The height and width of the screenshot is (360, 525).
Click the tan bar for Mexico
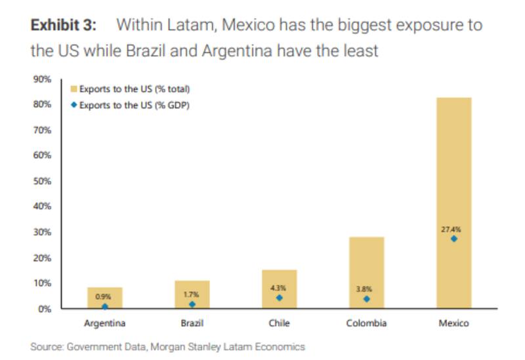point(453,164)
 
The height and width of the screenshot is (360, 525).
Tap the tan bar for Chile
point(279,279)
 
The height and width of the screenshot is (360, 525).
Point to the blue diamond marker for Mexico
point(453,239)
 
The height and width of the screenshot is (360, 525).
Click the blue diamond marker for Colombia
point(366,299)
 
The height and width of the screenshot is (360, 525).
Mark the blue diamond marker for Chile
point(279,298)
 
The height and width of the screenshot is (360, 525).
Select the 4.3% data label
point(278,288)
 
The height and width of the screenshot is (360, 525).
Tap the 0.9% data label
point(104,296)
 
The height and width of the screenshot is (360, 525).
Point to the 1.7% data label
point(191,295)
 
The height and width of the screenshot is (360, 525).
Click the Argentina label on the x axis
point(105,323)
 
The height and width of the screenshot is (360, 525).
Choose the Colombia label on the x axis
point(366,323)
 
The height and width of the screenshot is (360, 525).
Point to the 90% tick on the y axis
point(41,79)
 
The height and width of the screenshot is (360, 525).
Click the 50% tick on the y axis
point(41,181)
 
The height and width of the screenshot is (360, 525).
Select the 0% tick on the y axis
point(44,309)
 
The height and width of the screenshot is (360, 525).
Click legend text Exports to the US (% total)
point(135,89)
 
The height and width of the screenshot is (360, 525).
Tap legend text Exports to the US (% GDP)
point(134,104)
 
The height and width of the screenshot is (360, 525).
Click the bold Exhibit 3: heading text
point(64,26)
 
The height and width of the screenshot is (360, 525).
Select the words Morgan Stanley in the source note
point(188,346)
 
